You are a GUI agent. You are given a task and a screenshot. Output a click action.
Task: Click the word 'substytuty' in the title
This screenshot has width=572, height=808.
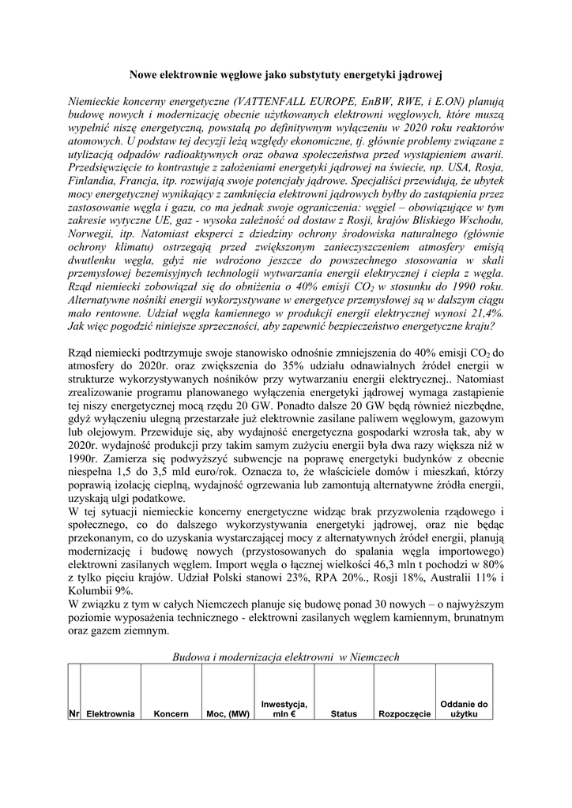coord(307,75)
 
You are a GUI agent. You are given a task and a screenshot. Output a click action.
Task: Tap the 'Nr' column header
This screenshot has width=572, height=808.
coord(74,714)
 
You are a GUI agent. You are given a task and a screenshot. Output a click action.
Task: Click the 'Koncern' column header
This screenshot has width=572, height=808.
coord(171,714)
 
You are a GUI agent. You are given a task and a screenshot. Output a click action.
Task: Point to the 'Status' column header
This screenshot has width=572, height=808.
coord(344,714)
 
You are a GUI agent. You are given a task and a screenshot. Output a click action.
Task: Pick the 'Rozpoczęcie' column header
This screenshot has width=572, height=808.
coord(405,714)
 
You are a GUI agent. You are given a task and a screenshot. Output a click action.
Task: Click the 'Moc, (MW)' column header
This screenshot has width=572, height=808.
coord(228,714)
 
